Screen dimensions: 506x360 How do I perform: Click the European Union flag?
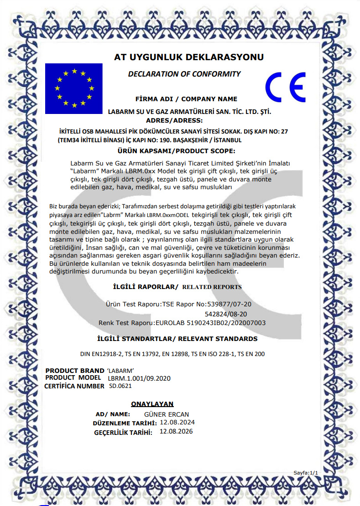coord(73,88)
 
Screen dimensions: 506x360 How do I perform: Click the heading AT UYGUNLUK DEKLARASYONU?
coord(189,57)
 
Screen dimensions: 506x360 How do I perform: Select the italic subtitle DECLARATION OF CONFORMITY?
coord(184,74)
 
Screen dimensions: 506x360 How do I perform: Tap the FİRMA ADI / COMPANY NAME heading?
coord(187,99)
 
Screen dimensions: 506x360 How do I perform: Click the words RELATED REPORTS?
coord(212,287)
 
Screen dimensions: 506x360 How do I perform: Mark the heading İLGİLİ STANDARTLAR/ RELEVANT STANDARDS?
coord(177,339)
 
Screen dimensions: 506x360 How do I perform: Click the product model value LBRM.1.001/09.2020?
coord(139,378)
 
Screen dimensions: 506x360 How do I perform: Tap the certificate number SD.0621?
coord(120,386)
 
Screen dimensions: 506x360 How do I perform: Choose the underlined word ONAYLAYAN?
coord(152,404)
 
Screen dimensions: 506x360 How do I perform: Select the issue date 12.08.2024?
coord(177,423)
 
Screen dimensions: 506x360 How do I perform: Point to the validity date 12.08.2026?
coord(176,432)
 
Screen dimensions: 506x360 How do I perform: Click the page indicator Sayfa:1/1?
coord(305,473)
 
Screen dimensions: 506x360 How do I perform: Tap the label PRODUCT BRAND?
coord(75,370)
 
